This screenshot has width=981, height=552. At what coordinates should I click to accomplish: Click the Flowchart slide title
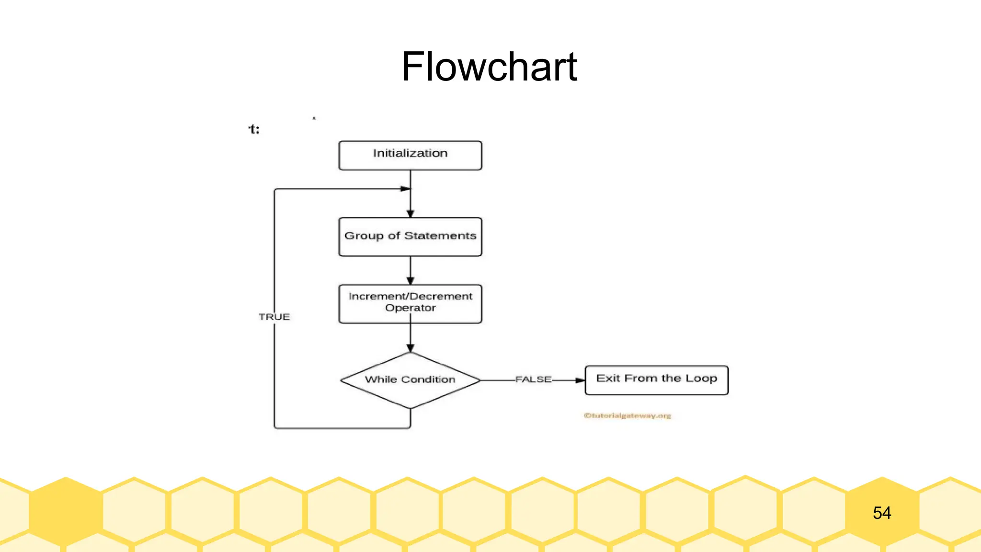(489, 67)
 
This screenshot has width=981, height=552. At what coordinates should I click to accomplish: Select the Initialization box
(410, 155)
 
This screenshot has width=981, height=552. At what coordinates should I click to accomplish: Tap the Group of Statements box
(410, 236)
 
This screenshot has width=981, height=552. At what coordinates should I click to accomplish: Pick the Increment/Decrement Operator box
(410, 303)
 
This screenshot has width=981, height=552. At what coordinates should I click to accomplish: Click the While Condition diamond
(410, 380)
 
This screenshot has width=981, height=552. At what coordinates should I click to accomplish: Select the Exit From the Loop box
(656, 380)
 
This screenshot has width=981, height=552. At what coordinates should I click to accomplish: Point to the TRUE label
(274, 317)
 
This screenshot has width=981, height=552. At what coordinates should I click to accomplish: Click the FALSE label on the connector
(533, 379)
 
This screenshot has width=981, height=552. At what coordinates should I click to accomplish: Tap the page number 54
(881, 513)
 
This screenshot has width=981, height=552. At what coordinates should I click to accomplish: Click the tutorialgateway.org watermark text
(627, 415)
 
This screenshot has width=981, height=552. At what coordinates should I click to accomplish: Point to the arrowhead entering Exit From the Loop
(580, 380)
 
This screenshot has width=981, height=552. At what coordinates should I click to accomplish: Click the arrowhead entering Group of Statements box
(410, 214)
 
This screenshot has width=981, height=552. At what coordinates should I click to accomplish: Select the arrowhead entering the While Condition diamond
(410, 348)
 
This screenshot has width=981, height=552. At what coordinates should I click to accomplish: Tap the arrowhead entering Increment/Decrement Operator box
(410, 281)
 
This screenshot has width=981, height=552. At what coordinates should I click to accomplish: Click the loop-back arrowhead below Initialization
(405, 189)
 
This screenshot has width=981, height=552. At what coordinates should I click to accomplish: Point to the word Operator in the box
(410, 308)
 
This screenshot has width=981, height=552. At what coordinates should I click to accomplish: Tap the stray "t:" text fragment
(254, 129)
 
